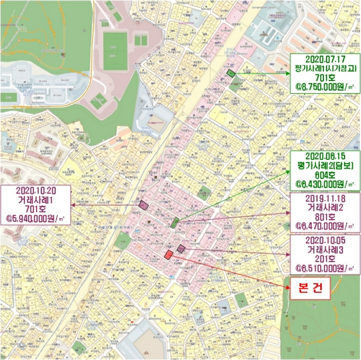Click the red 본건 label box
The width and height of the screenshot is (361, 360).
[308, 288]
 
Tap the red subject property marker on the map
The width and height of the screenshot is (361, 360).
[168, 254]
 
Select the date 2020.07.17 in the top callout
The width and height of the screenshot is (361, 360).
[321, 59]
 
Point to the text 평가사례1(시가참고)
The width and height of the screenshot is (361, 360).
[321, 68]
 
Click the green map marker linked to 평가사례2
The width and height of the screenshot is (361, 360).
[175, 223]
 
